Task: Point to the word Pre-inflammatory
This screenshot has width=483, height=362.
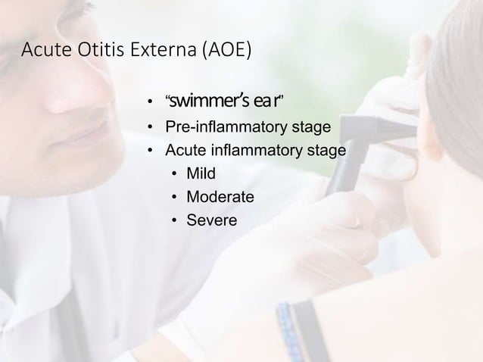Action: click(x=226, y=126)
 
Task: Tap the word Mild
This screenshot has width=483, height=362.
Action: click(x=201, y=173)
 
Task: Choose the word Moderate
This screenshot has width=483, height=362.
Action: click(x=220, y=197)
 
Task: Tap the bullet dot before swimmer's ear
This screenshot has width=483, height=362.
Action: click(x=151, y=101)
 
